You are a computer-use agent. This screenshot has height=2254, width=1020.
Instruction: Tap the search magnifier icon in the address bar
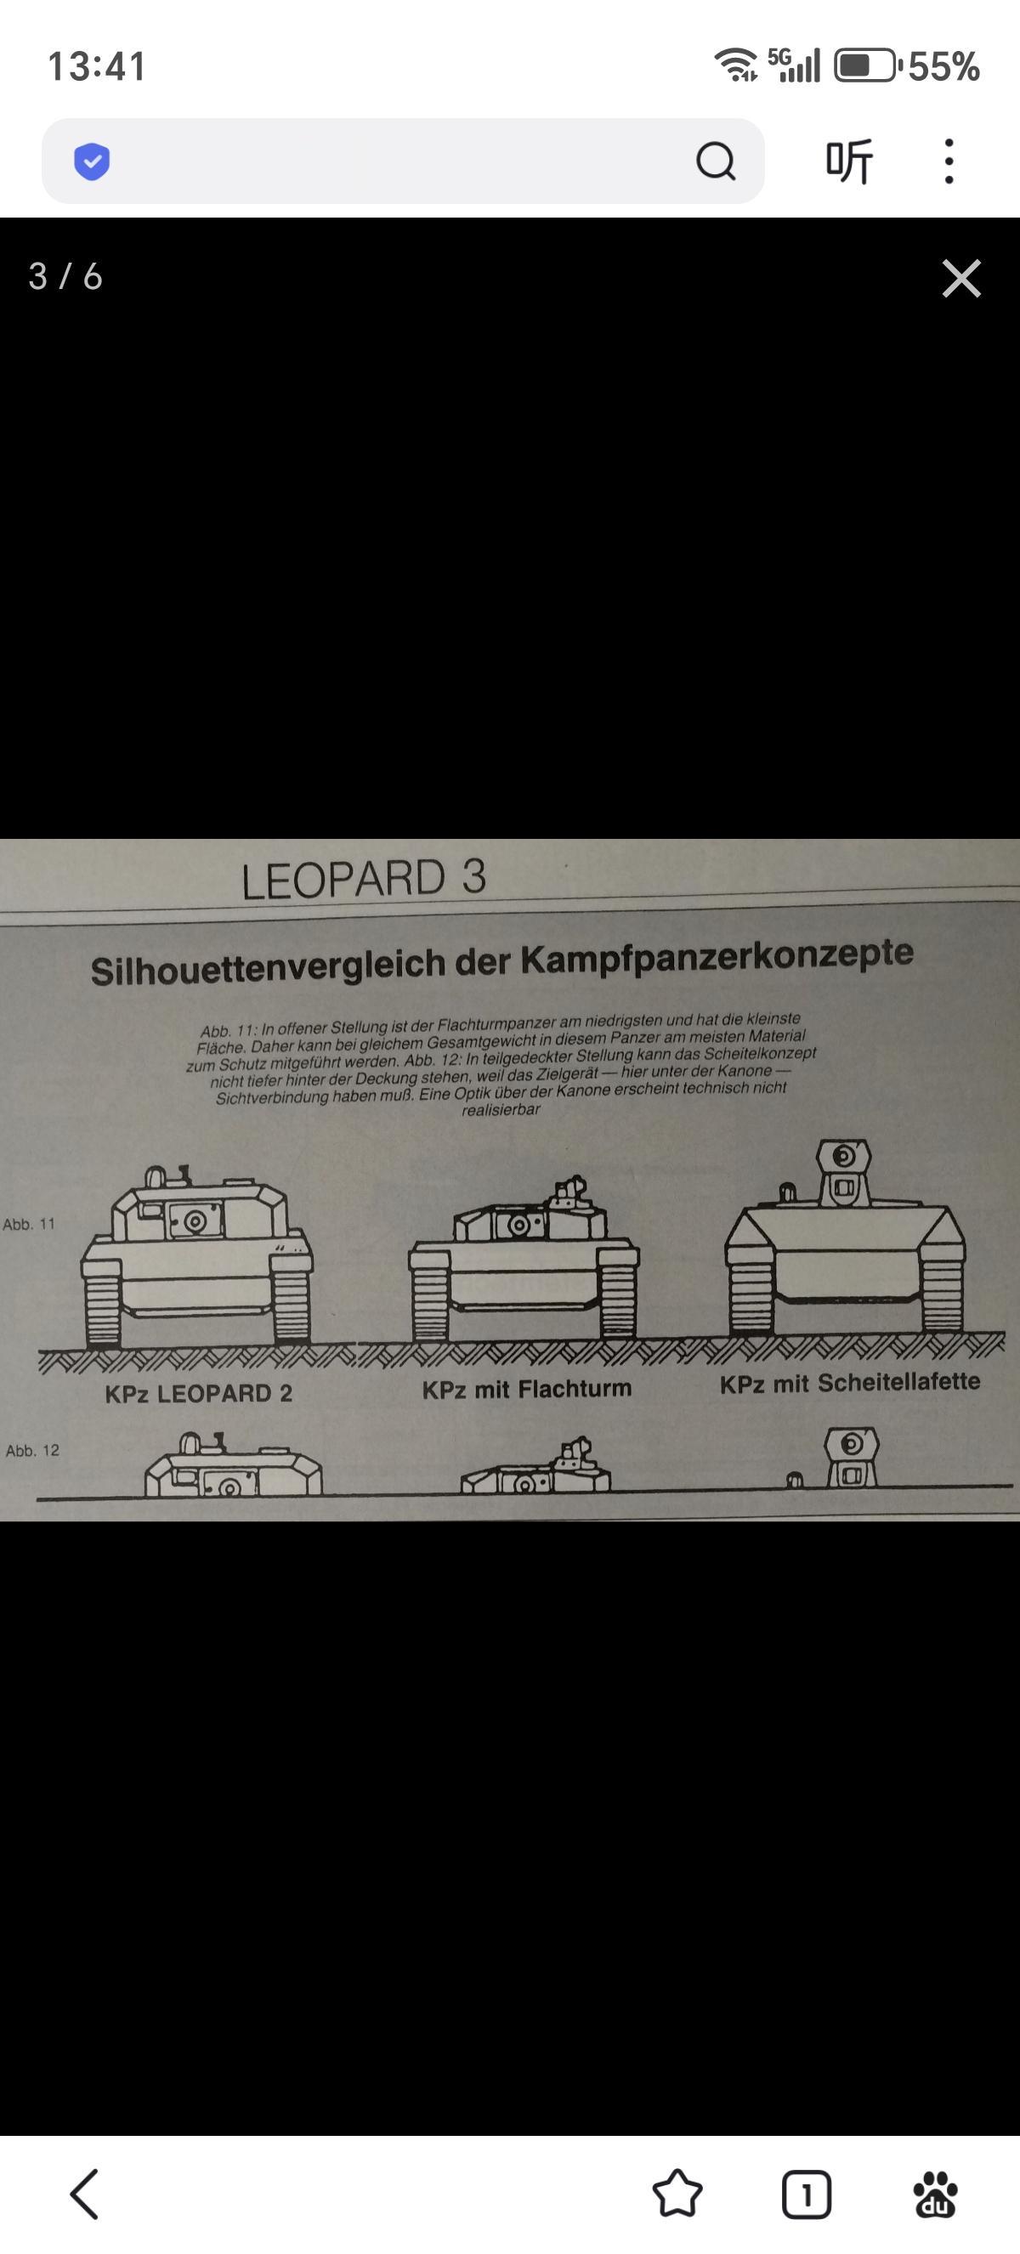click(716, 161)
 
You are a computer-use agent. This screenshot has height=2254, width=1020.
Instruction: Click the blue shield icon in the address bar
click(92, 161)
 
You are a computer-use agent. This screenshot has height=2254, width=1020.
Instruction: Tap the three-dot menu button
click(949, 161)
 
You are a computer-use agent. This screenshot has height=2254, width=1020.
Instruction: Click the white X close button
click(961, 278)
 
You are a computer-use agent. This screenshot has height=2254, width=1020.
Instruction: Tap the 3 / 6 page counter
click(65, 276)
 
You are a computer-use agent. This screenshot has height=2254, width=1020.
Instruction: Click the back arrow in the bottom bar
click(84, 2194)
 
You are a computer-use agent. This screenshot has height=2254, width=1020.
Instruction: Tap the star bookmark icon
click(677, 2194)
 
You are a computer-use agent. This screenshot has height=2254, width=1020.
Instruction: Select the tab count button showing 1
click(806, 2195)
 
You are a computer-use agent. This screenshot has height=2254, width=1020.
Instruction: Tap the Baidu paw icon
click(935, 2195)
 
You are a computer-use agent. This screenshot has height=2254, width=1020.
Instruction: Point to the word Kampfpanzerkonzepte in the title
click(717, 956)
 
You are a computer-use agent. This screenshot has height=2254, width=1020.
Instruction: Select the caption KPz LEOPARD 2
click(199, 1393)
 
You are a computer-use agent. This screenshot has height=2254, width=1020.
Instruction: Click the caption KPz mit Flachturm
click(527, 1389)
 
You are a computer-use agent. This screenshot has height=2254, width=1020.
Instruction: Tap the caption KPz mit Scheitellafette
click(849, 1383)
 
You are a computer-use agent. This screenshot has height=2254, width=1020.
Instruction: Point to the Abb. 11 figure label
click(29, 1224)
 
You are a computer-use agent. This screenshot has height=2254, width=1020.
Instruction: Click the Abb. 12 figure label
click(32, 1450)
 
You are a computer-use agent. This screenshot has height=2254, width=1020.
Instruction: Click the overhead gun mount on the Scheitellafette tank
click(843, 1170)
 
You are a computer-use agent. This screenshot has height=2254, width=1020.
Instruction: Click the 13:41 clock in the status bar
click(97, 66)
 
